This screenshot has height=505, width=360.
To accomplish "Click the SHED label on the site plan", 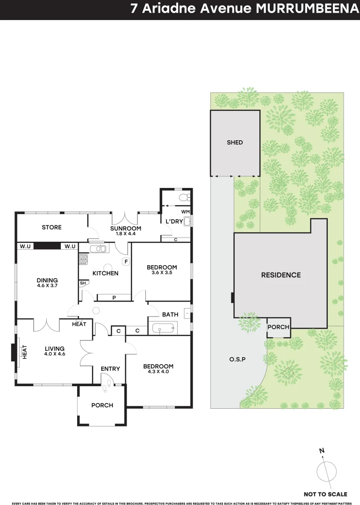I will tap(235, 142).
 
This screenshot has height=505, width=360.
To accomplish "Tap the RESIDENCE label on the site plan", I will tap(281, 275).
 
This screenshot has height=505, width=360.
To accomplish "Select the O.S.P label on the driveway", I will tap(238, 360).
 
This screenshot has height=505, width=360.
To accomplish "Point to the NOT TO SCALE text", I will tap(325, 494).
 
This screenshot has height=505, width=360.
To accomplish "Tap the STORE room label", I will tap(51, 227).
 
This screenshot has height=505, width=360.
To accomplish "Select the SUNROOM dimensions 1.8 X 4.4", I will tap(125, 233).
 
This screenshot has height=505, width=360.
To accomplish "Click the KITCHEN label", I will tap(105, 273).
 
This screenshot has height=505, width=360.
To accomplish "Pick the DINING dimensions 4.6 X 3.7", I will tap(47, 285).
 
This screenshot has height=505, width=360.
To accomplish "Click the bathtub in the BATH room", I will tap(161, 329).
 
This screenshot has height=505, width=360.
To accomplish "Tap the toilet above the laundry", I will tap(184, 197).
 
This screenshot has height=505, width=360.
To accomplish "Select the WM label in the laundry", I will tap(186, 212).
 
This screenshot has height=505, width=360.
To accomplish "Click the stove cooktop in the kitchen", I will tap(83, 259).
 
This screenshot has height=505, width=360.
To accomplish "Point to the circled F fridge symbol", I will tap(125, 261).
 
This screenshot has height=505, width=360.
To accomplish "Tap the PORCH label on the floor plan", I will tap(102, 405).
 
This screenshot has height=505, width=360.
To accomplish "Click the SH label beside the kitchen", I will tap(83, 283).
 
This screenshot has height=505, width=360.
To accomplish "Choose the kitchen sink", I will tap(99, 248).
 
